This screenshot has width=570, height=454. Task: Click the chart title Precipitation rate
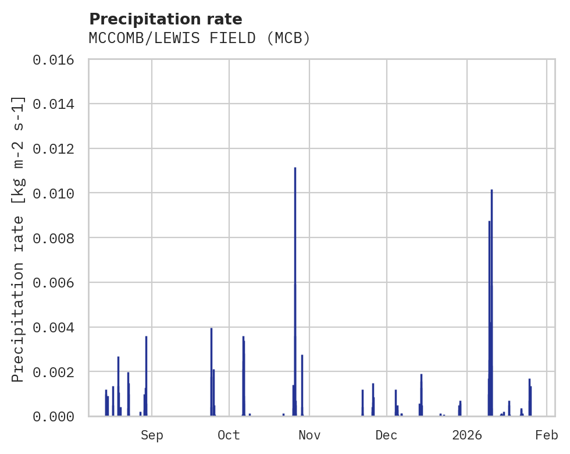(165, 19)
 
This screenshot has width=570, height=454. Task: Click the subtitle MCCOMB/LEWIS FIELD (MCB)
(199, 38)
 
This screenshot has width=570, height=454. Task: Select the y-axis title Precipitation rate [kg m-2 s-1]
(18, 239)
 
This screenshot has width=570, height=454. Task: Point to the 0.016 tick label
(57, 59)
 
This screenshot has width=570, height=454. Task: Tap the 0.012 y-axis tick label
(57, 148)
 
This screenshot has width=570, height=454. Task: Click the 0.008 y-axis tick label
(57, 238)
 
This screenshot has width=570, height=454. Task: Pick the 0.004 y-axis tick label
(57, 327)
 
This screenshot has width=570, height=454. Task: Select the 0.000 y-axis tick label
(57, 416)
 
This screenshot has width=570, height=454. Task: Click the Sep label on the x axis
(152, 435)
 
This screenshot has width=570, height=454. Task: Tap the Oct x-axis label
(229, 435)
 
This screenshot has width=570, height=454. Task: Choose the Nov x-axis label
(309, 435)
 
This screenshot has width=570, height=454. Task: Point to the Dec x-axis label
(386, 435)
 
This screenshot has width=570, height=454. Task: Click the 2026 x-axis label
(467, 435)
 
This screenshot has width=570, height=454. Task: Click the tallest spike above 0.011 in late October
(295, 233)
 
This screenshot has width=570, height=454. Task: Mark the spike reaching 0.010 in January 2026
(491, 262)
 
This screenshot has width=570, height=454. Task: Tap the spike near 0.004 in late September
(211, 361)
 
